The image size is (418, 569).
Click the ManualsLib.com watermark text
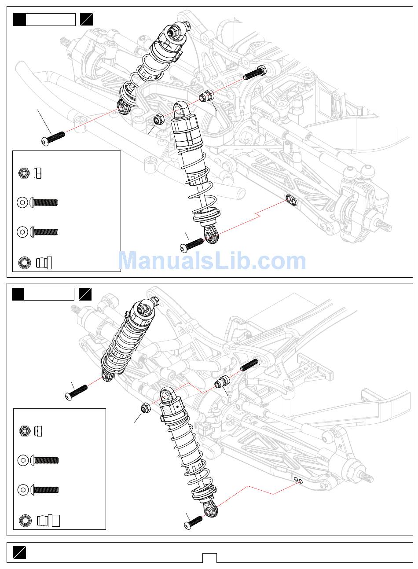pyautogui.click(x=212, y=261)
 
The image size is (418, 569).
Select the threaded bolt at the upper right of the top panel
pyautogui.click(x=254, y=72)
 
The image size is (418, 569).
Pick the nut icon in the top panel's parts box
pyautogui.click(x=24, y=173)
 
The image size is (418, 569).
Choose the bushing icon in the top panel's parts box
pyautogui.click(x=24, y=263)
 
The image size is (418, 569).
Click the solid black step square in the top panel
pyautogui.click(x=19, y=20)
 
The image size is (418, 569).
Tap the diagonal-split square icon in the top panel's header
pyautogui.click(x=87, y=20)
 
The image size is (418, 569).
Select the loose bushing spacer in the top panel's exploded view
pyautogui.click(x=206, y=95)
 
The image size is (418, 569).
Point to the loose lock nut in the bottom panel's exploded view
pyautogui.click(x=145, y=409)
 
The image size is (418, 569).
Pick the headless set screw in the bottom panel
pyautogui.click(x=249, y=365)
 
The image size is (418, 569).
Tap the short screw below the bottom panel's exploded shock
pyautogui.click(x=194, y=522)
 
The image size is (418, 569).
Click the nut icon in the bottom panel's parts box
pyautogui.click(x=25, y=431)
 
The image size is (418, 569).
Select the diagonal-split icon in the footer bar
pyautogui.click(x=19, y=553)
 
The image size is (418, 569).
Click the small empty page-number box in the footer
pyautogui.click(x=209, y=558)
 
